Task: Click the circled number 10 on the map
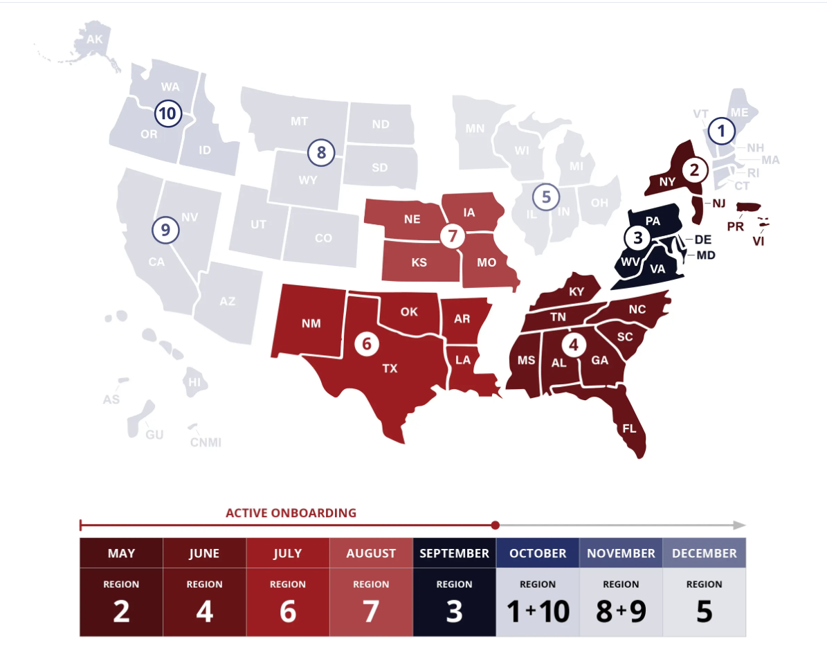(167, 112)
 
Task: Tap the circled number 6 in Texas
(367, 343)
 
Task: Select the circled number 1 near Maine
(722, 130)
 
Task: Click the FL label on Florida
(629, 428)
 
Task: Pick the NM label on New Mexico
(311, 323)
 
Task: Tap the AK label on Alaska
(94, 39)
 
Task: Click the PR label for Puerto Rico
(735, 226)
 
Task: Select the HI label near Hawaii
(194, 381)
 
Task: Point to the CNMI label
(206, 442)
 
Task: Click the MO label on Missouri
(487, 263)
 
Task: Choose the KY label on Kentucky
(576, 291)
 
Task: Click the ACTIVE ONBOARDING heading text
(291, 513)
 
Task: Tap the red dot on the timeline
(495, 525)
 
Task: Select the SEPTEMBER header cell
(454, 553)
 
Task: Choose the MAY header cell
(121, 553)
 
